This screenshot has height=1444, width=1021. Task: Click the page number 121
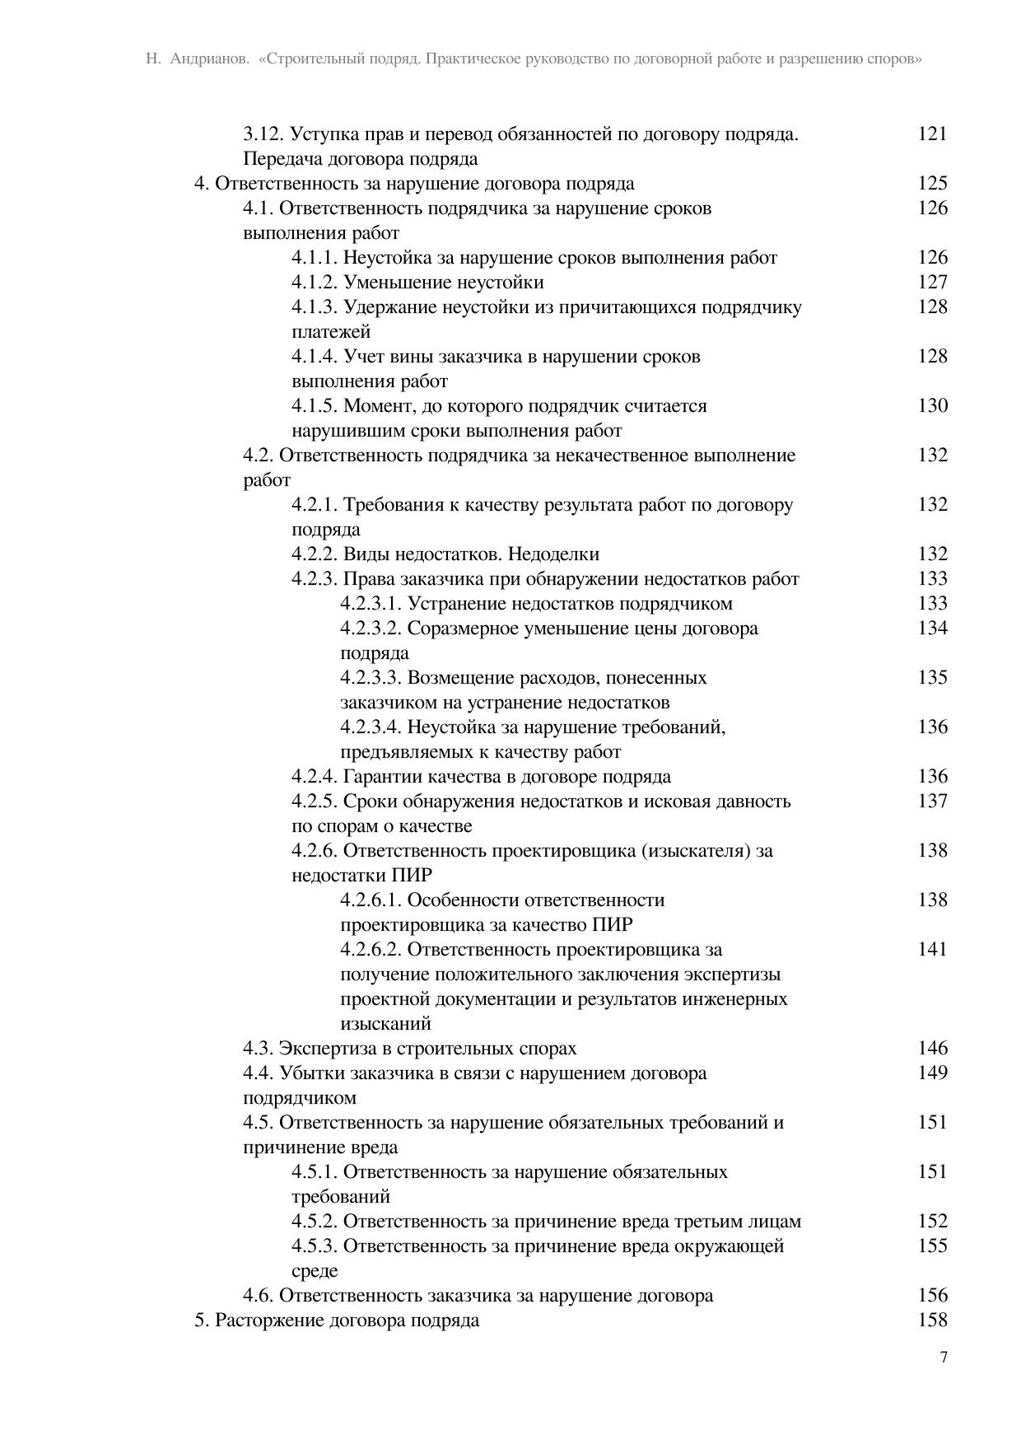(932, 133)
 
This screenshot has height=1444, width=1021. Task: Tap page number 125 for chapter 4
(932, 183)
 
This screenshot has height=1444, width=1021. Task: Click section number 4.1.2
(314, 282)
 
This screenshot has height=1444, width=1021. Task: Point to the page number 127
(932, 282)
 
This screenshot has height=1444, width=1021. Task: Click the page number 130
(932, 405)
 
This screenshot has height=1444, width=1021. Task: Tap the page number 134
(932, 628)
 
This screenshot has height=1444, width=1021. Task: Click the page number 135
(932, 677)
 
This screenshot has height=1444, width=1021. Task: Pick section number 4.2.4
(314, 776)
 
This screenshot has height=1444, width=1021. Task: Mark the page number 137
(932, 801)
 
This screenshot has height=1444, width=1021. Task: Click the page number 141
(932, 949)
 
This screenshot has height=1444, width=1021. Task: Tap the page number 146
(932, 1048)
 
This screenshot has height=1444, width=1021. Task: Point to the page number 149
(932, 1072)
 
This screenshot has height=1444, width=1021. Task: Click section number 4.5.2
(314, 1221)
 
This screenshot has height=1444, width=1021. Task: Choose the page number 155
(932, 1245)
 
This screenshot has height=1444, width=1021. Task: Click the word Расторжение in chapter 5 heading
(269, 1320)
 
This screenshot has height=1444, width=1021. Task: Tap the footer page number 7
(943, 1358)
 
